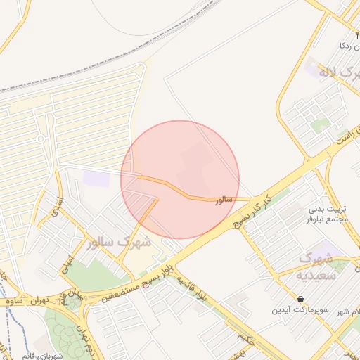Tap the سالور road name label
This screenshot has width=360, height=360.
click(224, 200)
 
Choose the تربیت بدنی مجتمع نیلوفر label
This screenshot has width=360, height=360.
click(329, 214)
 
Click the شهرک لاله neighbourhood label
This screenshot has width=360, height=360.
click(330, 72)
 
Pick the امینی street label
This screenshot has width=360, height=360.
click(67, 263)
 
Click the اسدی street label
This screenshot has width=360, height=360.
click(57, 206)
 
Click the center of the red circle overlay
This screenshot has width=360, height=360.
click(180, 180)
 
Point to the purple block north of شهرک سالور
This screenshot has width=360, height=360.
click(96, 176)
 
